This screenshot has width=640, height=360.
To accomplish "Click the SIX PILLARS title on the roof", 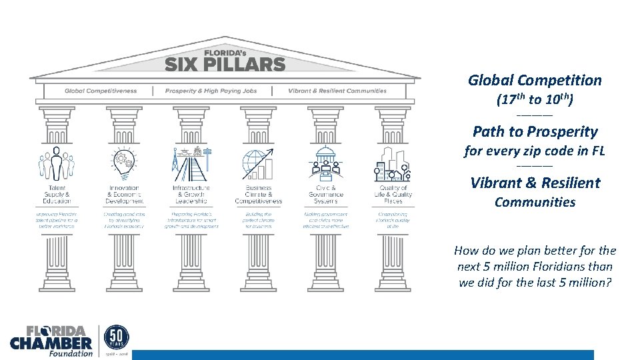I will click(x=225, y=64).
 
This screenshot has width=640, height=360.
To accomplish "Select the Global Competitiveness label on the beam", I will click(x=101, y=91).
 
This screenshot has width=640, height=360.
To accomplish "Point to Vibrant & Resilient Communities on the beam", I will click(x=337, y=91).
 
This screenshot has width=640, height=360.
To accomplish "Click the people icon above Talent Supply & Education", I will click(x=56, y=163).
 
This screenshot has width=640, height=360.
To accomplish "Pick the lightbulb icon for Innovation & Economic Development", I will click(x=123, y=164).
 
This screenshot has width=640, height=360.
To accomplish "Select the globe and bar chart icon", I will click(x=258, y=164).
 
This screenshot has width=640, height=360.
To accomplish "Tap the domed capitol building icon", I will click(x=326, y=163).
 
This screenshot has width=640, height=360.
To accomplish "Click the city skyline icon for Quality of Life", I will click(x=393, y=164).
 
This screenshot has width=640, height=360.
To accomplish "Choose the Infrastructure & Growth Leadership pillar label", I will click(x=191, y=194).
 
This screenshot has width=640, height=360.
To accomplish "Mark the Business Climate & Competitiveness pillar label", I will click(x=258, y=194).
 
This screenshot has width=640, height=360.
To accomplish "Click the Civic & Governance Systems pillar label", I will click(x=326, y=194).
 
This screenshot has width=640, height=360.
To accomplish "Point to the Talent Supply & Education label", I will click(x=56, y=194).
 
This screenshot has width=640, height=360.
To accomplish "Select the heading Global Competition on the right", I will click(x=535, y=81).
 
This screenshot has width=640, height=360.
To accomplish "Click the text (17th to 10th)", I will click(x=535, y=100).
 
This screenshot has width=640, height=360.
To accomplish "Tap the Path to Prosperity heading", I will click(x=535, y=131).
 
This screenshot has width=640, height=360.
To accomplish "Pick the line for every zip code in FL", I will click(x=535, y=151).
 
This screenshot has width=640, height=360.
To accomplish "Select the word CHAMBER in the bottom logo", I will click(x=51, y=343).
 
